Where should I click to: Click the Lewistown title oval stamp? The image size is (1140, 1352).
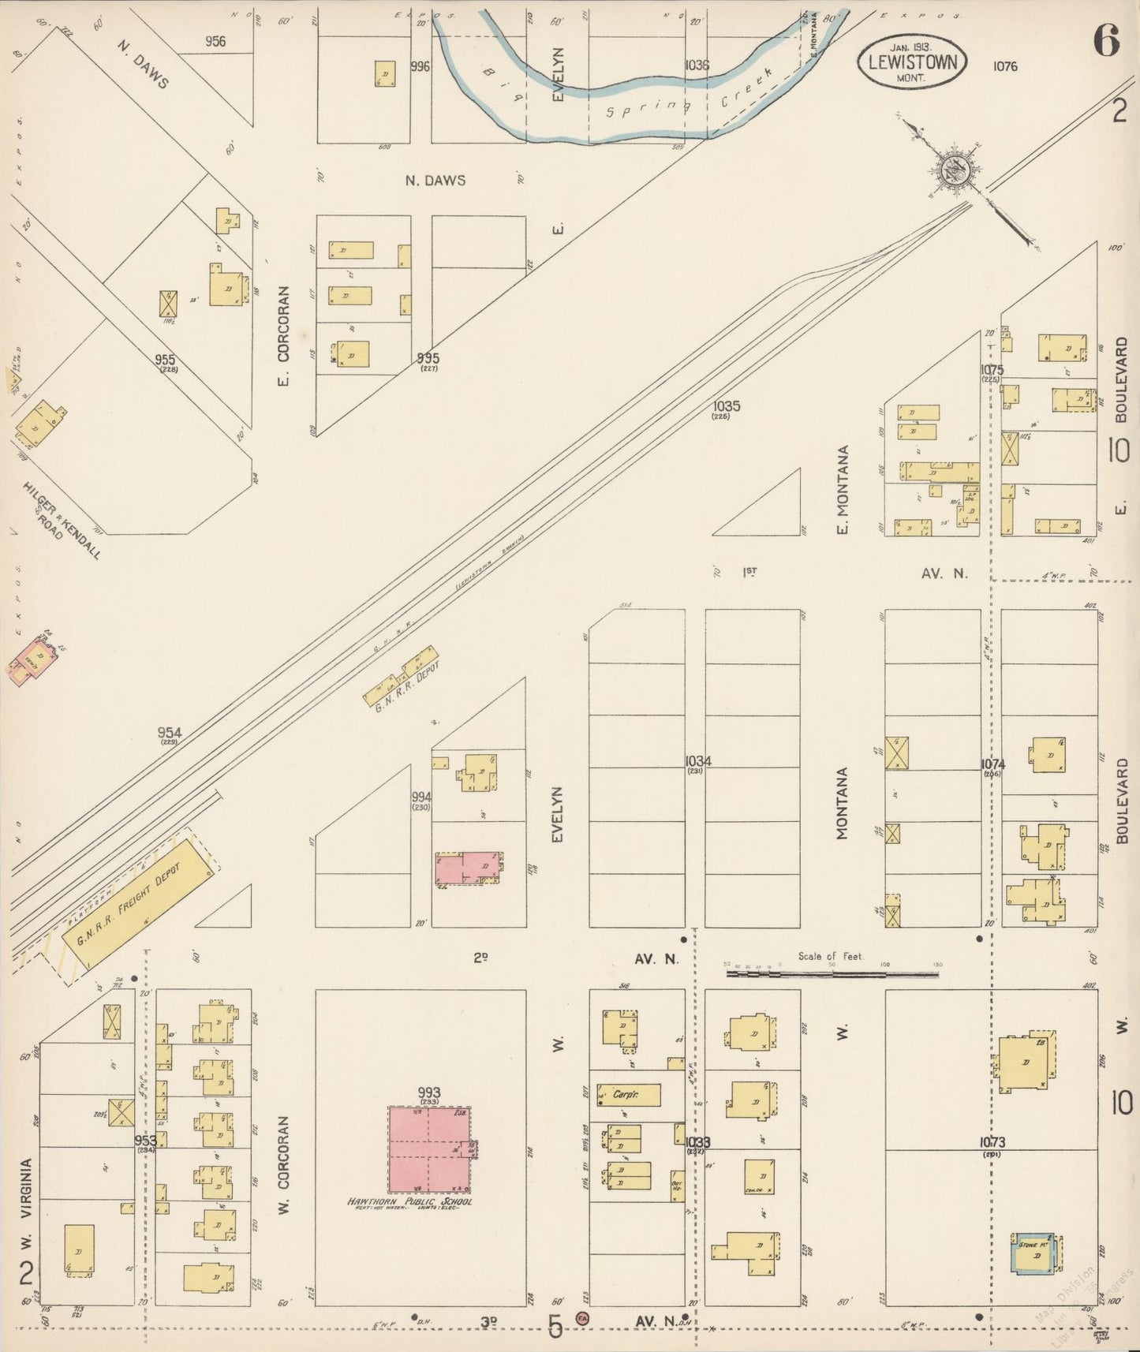pos(912,62)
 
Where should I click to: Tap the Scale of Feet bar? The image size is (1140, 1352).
pos(832,974)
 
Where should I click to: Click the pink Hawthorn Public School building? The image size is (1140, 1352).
pos(429,1148)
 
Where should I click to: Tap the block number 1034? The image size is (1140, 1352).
pos(698,761)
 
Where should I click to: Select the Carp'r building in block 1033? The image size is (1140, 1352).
pos(629,1094)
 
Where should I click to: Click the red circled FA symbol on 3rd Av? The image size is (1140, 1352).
pos(582,1317)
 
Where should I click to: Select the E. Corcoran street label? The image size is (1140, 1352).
pos(284,336)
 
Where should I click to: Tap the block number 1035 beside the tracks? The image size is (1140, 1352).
pos(726,406)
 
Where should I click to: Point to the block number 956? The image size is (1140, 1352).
pos(215,41)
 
